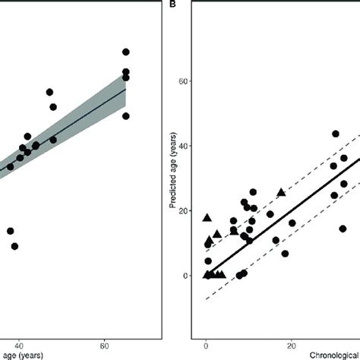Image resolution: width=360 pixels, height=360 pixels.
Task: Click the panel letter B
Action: pos(173,4)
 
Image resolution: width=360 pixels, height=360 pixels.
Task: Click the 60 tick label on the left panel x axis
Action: pos(103,343)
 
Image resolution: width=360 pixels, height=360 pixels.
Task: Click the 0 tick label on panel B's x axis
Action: pos(207,343)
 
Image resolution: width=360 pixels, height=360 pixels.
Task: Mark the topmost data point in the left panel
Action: pos(126,52)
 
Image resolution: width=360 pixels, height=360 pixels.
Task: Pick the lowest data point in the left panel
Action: pos(14,246)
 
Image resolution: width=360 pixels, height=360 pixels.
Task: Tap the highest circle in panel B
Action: pos(335,134)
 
